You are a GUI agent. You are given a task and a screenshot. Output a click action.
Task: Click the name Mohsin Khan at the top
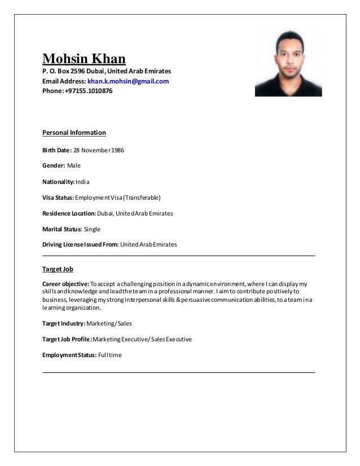click(84, 58)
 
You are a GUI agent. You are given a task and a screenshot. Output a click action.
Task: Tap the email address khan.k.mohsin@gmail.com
click(128, 81)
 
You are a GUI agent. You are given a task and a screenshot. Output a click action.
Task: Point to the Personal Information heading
click(74, 133)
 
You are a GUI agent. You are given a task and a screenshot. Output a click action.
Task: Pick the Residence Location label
click(65, 214)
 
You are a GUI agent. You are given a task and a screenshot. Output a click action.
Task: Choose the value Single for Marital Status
click(92, 230)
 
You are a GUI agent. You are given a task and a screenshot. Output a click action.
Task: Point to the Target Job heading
click(58, 270)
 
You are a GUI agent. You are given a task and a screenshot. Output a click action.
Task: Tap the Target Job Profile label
click(66, 340)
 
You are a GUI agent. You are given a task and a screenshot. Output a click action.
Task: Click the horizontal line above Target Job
click(179, 256)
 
